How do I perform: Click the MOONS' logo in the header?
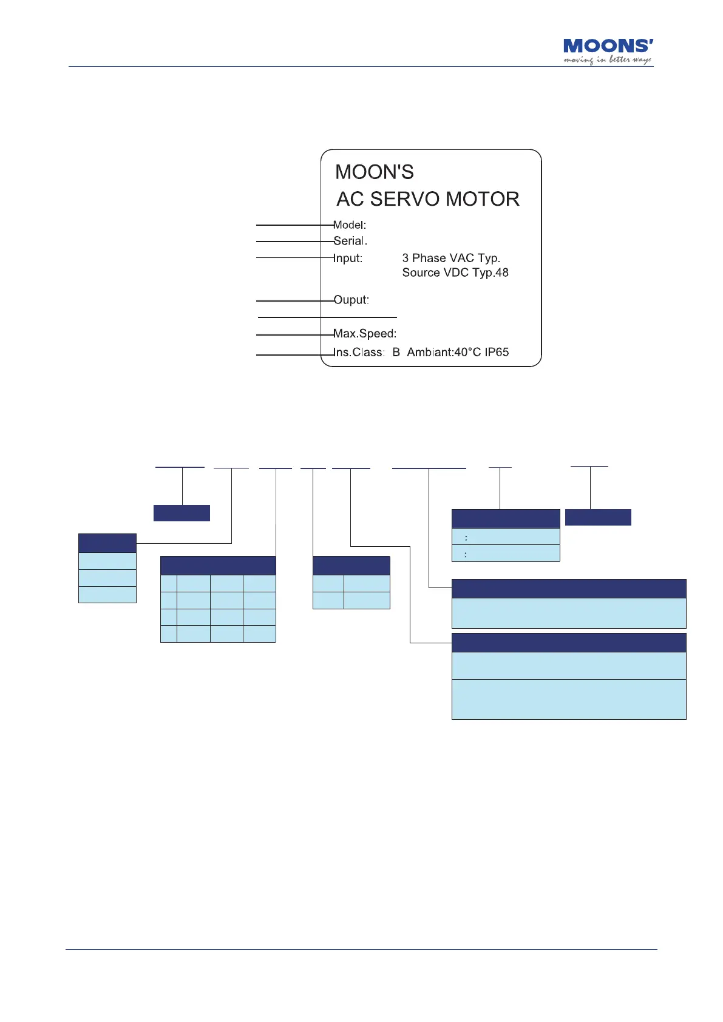coord(608,46)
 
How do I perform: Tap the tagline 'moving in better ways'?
coord(607,59)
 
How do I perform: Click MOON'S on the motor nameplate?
coord(374,172)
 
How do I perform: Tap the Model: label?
coord(350,225)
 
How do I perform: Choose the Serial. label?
coord(350,241)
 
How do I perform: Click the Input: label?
coord(348,258)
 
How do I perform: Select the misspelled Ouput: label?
coord(351,300)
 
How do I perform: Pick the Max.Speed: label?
coord(365,333)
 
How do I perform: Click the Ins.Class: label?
coord(359,352)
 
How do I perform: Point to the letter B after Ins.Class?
coord(396,352)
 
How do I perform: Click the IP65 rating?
coord(497,352)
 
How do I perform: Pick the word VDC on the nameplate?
coord(456,272)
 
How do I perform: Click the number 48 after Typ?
coord(501,272)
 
